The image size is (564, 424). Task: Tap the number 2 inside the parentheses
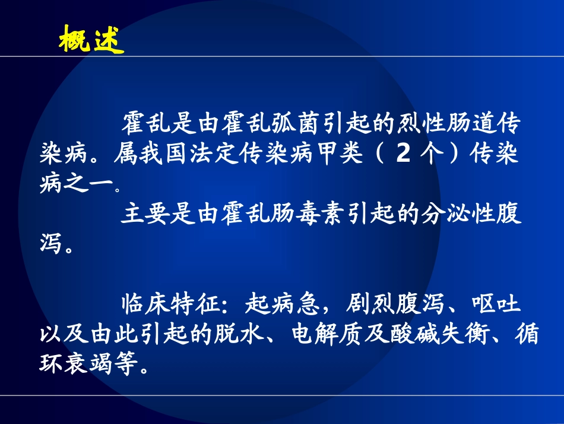[x=403, y=155]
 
